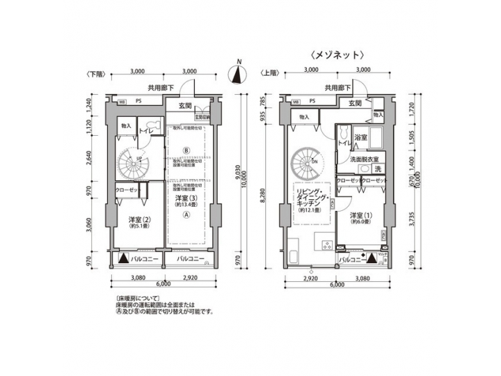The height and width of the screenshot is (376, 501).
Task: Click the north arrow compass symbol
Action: point(238,72)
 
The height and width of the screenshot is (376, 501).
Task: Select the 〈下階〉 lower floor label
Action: point(97,72)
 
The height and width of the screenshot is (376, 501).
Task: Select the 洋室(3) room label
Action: point(184,198)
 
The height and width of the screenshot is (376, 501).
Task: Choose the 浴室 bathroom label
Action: point(360,139)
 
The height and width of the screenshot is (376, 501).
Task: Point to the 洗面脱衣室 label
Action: point(364,159)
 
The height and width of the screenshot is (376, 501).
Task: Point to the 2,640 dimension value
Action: point(89,159)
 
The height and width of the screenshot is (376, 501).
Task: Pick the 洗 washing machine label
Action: point(378,170)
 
